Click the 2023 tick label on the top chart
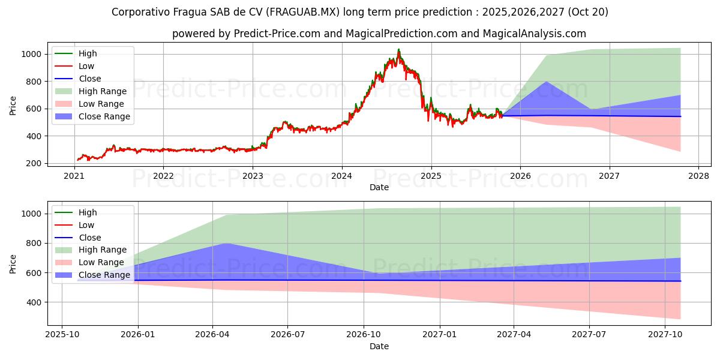tap(253, 176)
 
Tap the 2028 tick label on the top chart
tap(698, 176)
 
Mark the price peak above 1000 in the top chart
tap(398, 50)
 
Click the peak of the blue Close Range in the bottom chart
tap(226, 243)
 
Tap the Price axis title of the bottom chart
tap(13, 264)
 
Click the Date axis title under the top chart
tap(379, 187)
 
